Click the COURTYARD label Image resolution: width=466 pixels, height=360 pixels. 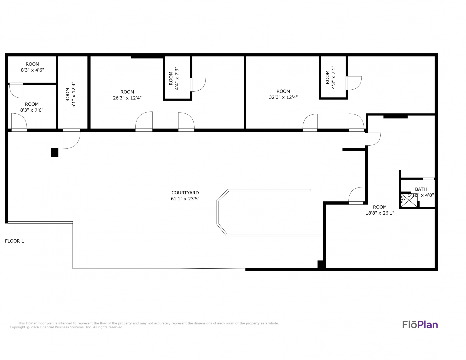coord(185,193)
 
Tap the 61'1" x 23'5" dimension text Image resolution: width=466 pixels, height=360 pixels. coord(185,199)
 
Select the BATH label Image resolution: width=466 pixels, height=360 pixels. coord(421,189)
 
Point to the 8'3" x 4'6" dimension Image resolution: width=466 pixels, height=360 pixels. coord(32,70)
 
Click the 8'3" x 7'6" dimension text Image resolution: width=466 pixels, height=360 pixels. coord(32,110)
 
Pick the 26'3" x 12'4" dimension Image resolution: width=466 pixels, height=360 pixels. coord(127,98)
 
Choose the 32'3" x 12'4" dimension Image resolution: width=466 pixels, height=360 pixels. coord(283,97)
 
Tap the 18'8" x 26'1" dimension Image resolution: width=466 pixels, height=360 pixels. coord(380,213)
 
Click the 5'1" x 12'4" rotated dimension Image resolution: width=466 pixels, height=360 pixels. coord(74,95)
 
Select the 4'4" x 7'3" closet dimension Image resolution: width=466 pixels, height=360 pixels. coord(177,78)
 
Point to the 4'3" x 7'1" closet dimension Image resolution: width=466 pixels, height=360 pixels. coord(333,77)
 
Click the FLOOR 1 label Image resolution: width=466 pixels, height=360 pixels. coord(15,241)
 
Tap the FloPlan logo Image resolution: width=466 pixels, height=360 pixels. coord(420,325)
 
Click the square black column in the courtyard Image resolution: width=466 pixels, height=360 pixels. coord(55,153)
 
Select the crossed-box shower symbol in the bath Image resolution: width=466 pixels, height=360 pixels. coord(409,200)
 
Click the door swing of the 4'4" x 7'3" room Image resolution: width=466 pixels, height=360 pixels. coord(198,85)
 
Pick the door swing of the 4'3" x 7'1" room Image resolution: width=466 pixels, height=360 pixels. coord(354,83)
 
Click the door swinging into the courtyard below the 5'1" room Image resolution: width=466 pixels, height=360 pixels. coord(72,139)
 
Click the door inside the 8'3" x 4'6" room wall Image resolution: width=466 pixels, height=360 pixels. coord(16,90)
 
